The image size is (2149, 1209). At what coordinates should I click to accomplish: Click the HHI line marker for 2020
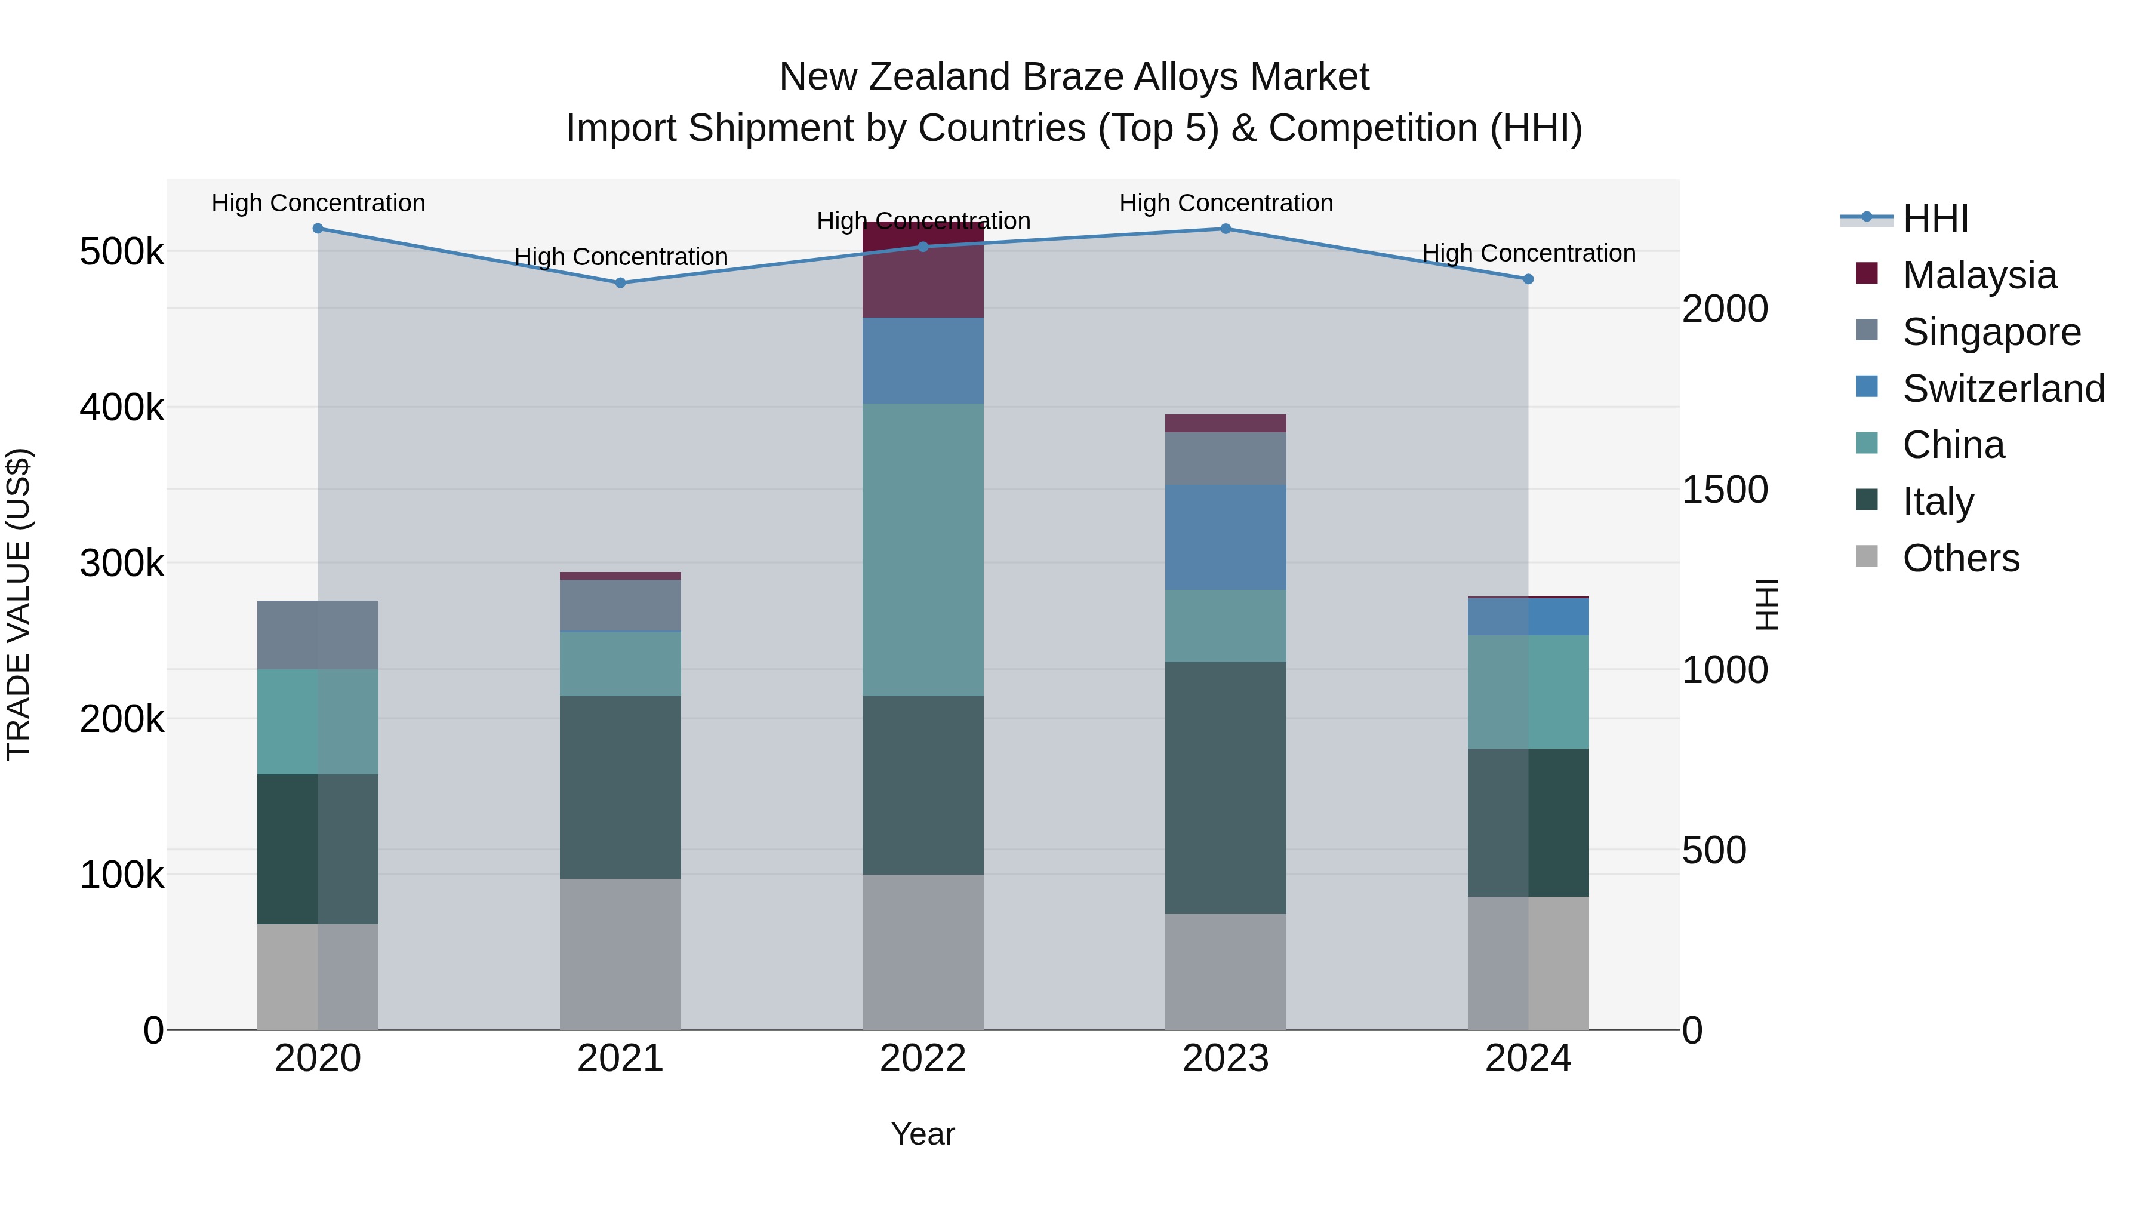318,229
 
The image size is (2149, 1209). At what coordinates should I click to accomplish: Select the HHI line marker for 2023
1226,229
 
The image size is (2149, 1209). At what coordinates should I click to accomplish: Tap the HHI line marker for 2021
621,283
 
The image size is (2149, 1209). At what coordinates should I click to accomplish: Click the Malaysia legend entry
1979,275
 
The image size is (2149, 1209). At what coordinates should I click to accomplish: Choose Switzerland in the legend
2002,389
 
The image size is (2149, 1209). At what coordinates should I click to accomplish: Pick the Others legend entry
1960,558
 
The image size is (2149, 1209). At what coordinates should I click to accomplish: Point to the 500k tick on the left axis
122,252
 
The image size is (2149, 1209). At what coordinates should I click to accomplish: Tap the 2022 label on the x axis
923,1059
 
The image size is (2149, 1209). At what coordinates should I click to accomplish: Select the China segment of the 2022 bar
923,549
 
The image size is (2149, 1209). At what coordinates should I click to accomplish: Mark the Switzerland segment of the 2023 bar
1226,537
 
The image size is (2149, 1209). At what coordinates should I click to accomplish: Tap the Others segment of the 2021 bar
621,953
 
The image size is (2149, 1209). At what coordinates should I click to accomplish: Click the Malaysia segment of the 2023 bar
1226,423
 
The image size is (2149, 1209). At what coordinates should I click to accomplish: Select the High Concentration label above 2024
1528,253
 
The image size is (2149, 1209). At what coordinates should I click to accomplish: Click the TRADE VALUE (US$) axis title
19,604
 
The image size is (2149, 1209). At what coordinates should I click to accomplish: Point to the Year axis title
923,1134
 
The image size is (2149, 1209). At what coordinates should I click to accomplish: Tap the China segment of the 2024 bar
1528,692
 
